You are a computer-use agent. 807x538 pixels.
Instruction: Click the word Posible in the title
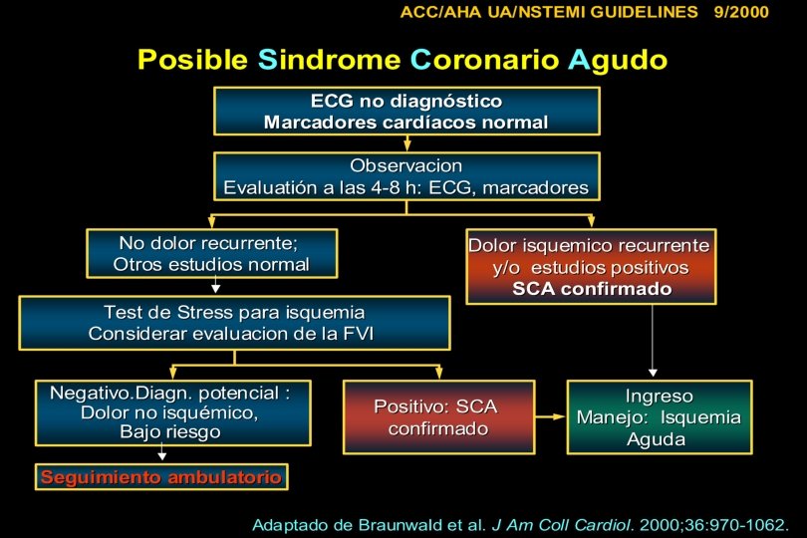coord(192,59)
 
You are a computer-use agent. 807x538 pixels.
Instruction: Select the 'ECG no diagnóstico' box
coord(406,112)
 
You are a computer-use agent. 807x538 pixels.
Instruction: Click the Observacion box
coord(406,176)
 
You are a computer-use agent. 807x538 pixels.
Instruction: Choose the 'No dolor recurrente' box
coord(211,254)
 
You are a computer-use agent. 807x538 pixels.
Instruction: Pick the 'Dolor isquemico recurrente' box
coord(590,267)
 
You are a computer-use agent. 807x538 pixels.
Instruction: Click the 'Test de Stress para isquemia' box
coord(234,323)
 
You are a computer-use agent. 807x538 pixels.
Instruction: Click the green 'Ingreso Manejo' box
coord(659,417)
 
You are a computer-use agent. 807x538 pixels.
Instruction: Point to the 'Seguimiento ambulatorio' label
coord(161,477)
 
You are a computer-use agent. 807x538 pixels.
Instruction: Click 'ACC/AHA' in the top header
coord(439,13)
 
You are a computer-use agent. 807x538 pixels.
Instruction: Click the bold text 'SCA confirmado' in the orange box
coord(592,289)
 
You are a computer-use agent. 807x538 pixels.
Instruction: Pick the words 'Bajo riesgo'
coord(170,432)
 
